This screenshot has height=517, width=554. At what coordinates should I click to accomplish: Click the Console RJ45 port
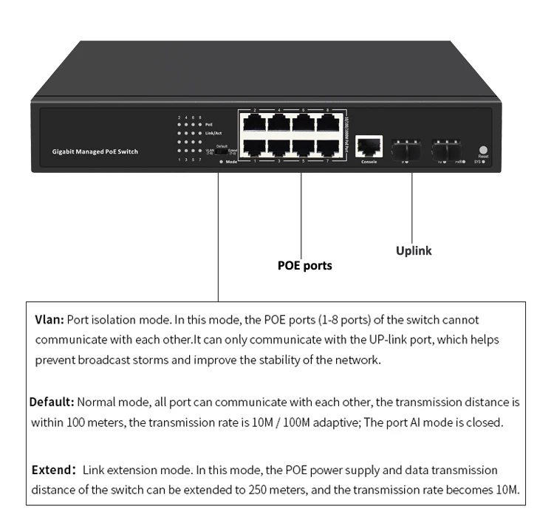(x=369, y=144)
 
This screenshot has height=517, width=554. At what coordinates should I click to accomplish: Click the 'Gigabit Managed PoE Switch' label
(x=95, y=152)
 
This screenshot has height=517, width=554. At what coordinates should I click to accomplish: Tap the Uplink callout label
(x=414, y=250)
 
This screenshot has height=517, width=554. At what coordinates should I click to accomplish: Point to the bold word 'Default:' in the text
(x=52, y=403)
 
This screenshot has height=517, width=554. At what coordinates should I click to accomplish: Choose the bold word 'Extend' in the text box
(x=52, y=470)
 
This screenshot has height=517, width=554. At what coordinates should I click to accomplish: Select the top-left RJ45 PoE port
(x=256, y=121)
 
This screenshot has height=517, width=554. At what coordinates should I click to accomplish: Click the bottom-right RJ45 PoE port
(x=326, y=146)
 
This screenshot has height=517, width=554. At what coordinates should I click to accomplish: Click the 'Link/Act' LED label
(x=213, y=133)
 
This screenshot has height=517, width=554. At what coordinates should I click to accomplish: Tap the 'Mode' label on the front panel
(x=231, y=161)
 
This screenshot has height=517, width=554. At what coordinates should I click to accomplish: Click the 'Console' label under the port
(x=369, y=161)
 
